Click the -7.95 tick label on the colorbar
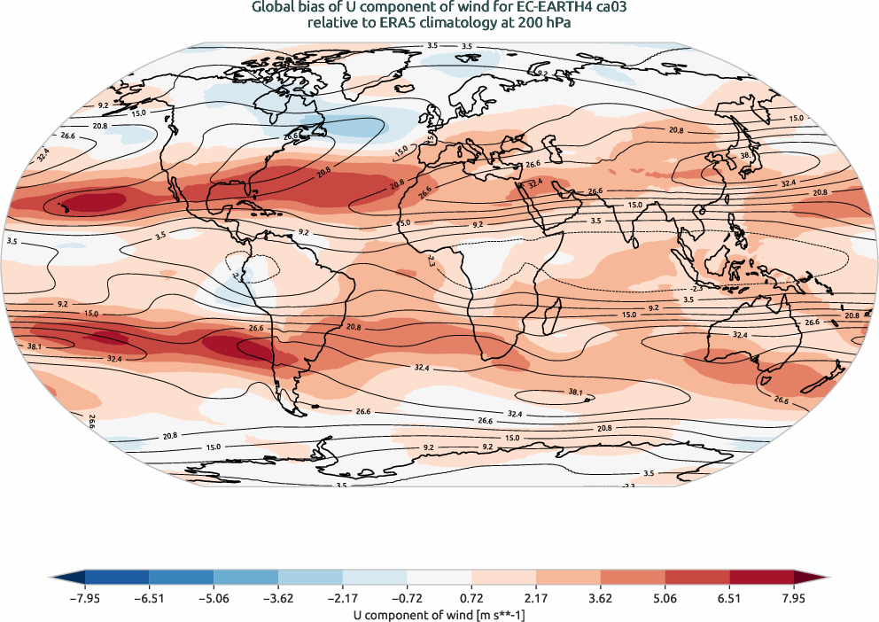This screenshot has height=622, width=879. pos(84,598)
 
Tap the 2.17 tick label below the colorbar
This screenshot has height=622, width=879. pos(536,598)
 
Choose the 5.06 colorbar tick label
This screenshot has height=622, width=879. pos(665,598)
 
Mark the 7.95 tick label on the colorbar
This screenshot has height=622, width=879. pos(794,598)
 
